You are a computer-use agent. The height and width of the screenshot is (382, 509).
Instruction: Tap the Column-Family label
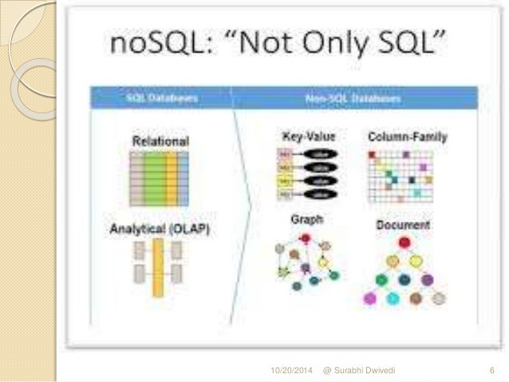[x=407, y=137]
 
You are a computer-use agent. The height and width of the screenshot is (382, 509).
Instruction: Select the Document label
[x=404, y=225]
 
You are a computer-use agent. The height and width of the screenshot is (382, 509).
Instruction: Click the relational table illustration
[x=160, y=177]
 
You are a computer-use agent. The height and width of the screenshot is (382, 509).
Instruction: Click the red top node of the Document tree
[x=404, y=242]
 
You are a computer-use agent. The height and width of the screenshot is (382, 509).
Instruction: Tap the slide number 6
[x=491, y=372]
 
